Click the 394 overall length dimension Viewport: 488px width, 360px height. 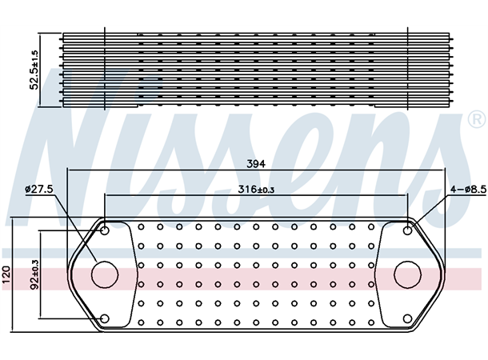[256, 163]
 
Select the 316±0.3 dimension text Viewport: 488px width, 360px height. [256, 190]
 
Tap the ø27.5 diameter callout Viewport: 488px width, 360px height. [38, 189]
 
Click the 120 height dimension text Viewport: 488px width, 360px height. [7, 274]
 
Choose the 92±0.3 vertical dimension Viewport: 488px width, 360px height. [34, 274]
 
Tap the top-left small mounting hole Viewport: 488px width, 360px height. [106, 231]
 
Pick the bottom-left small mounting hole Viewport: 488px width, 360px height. [106, 319]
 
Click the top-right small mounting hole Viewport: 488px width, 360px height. [408, 231]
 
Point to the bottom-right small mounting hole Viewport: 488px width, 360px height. [408, 319]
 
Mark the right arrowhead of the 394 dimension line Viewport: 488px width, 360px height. [442, 170]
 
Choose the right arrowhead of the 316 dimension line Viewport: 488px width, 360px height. [405, 197]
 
